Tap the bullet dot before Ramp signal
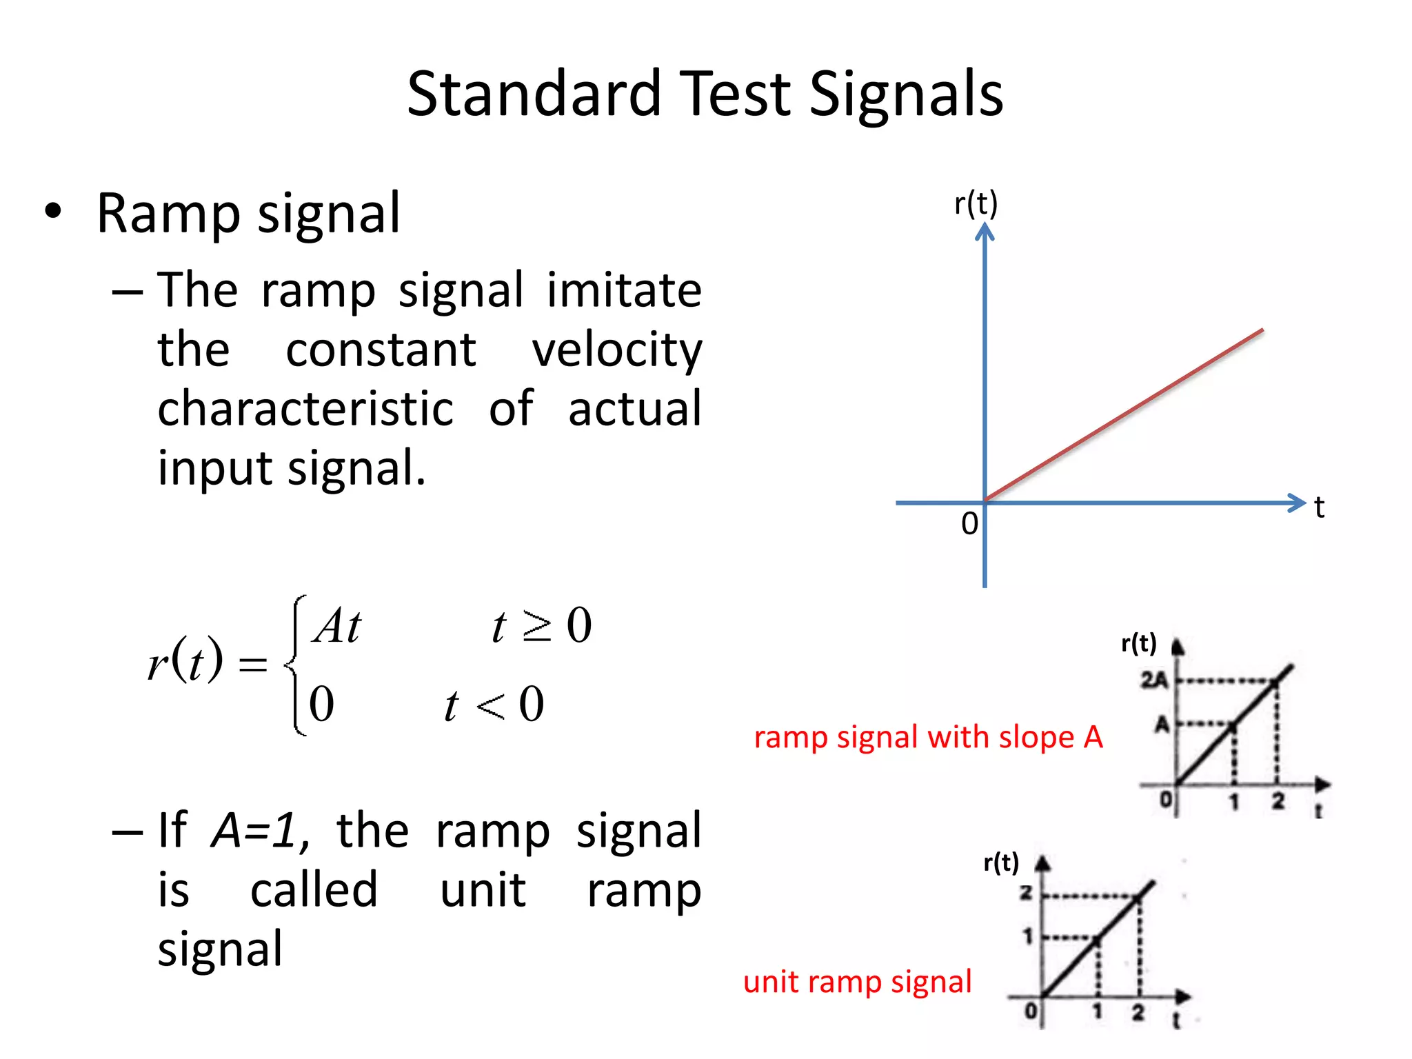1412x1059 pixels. (x=53, y=212)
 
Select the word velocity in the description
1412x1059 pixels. (x=616, y=350)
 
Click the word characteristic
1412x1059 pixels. (x=305, y=409)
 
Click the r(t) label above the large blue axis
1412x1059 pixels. (x=976, y=204)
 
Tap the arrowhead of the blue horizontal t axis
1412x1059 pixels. (x=1298, y=503)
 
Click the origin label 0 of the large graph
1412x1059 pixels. (x=969, y=524)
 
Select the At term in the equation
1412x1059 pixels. (x=336, y=626)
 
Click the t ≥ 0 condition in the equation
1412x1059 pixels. (x=541, y=626)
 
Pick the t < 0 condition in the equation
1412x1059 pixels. (x=494, y=705)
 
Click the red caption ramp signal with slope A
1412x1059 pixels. (x=928, y=737)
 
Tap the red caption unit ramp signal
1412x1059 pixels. (x=857, y=981)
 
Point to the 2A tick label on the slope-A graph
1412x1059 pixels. (x=1153, y=680)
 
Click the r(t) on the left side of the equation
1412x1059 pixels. (x=185, y=660)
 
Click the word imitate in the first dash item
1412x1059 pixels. (x=624, y=290)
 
